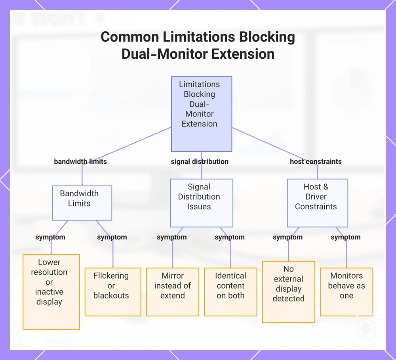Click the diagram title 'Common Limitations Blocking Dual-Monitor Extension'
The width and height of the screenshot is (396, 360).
point(198,45)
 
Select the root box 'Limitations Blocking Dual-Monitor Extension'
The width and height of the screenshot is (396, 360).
point(202,114)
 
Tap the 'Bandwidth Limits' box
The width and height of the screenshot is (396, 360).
point(82,203)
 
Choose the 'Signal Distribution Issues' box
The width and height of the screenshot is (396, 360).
point(202,203)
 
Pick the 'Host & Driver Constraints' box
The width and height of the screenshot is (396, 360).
point(318,203)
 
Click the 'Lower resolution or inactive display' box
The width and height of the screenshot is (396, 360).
point(51,292)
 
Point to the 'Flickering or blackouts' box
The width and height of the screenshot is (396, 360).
point(113,292)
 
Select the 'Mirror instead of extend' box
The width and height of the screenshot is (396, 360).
point(173,292)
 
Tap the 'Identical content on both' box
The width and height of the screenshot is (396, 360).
point(230,292)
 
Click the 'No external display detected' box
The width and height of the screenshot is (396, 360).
point(289,292)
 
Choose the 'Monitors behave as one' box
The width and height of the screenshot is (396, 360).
point(346,292)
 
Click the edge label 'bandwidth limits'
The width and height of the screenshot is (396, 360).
point(80,161)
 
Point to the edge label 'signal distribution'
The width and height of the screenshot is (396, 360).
point(200,161)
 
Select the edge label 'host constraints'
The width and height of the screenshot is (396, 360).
point(316,161)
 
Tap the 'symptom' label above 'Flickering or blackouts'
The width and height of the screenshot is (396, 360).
point(112,237)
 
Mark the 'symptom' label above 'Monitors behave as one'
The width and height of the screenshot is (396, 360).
point(346,237)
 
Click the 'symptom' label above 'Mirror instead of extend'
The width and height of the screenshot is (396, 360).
point(172,237)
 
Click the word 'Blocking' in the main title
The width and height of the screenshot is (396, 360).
point(267,37)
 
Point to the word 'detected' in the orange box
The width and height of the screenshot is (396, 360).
point(288,299)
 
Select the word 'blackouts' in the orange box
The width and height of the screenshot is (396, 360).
point(111,295)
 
